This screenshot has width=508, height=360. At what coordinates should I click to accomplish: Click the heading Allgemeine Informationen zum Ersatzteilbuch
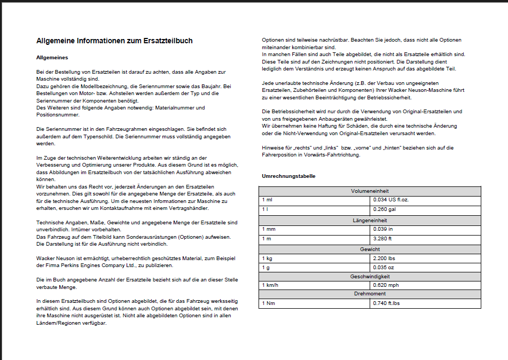[x=114, y=41]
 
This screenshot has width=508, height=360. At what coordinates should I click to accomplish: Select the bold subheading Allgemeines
[x=52, y=57]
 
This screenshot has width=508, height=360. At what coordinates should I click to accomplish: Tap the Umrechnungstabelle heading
[x=288, y=176]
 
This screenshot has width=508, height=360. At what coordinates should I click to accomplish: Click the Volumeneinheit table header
[x=370, y=191]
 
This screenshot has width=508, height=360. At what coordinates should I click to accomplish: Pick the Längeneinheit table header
[x=370, y=220]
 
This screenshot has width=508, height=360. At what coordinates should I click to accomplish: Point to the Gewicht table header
[x=370, y=249]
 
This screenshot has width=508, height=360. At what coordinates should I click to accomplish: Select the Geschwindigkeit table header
[x=370, y=277]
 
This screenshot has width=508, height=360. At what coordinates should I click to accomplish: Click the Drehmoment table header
[x=370, y=294]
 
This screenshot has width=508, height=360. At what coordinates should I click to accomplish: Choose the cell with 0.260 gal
[x=385, y=209]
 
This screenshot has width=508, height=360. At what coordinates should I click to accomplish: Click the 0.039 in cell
[x=383, y=229]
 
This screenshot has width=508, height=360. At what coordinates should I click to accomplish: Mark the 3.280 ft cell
[x=383, y=238]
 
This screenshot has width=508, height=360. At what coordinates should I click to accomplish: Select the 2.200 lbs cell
[x=385, y=258]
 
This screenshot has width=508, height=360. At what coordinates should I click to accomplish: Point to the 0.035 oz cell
[x=384, y=268]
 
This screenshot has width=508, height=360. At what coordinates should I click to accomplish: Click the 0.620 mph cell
[x=386, y=285]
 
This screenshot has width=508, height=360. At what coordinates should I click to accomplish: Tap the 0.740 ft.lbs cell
[x=387, y=303]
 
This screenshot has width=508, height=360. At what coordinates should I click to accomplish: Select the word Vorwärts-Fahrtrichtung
[x=331, y=155]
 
